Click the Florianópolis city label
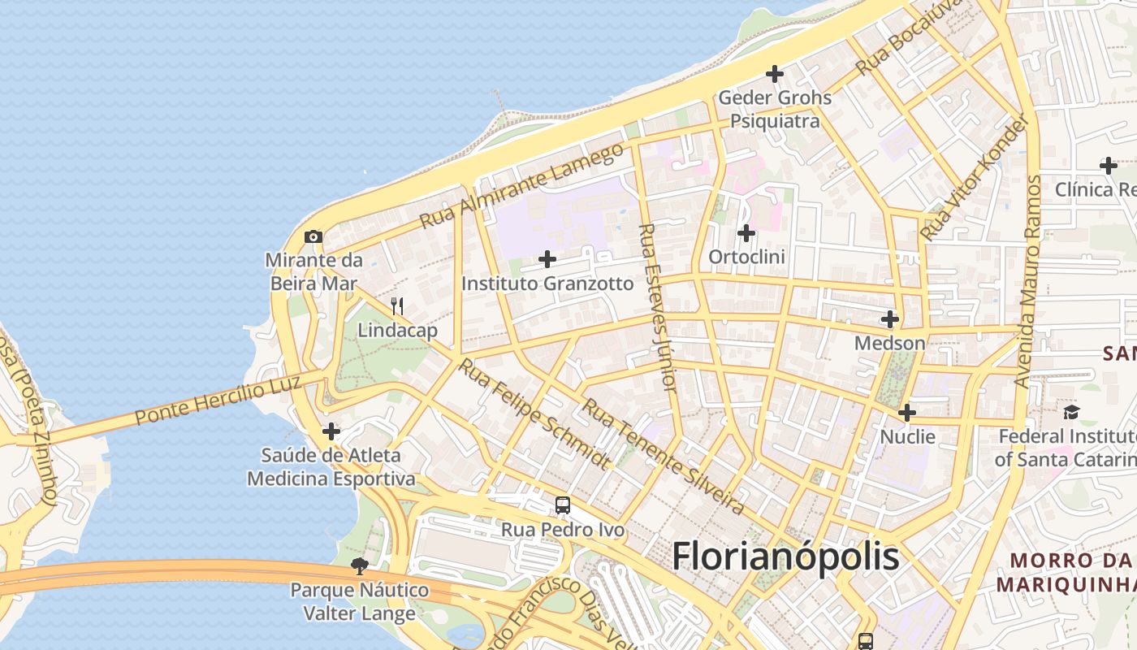click(x=785, y=557)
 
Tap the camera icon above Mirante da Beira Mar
click(x=313, y=237)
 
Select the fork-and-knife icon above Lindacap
click(x=397, y=306)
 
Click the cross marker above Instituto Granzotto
click(x=547, y=259)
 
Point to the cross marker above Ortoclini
click(x=746, y=234)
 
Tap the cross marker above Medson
click(x=890, y=319)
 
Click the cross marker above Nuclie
click(x=907, y=413)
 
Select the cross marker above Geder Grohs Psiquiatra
click(x=775, y=74)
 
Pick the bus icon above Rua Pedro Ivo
click(x=563, y=505)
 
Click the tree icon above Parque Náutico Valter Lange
click(x=359, y=565)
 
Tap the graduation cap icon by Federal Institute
click(x=1071, y=412)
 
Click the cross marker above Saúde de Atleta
click(x=331, y=431)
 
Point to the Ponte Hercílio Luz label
click(x=218, y=401)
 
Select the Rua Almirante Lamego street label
click(x=521, y=186)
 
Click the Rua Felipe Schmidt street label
click(x=534, y=414)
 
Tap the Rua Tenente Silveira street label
click(x=663, y=456)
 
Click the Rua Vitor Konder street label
click(x=975, y=177)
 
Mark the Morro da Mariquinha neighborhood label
click(x=1063, y=572)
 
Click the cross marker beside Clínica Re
click(x=1108, y=166)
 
